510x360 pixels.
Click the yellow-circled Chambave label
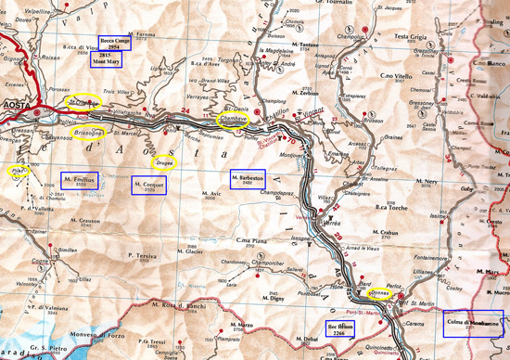[233, 120]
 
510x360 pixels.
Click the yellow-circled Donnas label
[379, 292]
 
